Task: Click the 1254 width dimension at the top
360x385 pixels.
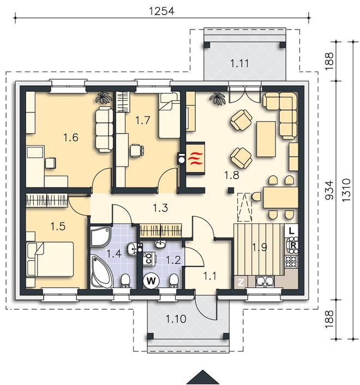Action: tap(161, 11)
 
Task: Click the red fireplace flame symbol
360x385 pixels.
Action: tap(195, 158)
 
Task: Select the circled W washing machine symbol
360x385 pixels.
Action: tap(151, 280)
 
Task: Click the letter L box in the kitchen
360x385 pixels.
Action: tap(291, 230)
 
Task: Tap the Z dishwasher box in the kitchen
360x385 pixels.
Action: tap(241, 282)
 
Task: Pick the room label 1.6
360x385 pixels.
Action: tap(71, 138)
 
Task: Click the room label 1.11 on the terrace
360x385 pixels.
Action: tap(239, 63)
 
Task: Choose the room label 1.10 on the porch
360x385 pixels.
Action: tap(176, 319)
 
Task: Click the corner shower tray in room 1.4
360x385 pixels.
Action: tap(100, 236)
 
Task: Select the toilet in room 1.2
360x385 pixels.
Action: tap(174, 281)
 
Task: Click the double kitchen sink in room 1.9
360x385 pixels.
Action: tap(265, 281)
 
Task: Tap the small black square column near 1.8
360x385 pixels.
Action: tap(230, 190)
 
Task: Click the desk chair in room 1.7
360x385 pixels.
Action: tap(136, 150)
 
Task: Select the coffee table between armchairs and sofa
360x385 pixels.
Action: tap(266, 139)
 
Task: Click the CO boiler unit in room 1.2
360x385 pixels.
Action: tap(149, 259)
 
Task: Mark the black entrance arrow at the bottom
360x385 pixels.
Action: tap(202, 377)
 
